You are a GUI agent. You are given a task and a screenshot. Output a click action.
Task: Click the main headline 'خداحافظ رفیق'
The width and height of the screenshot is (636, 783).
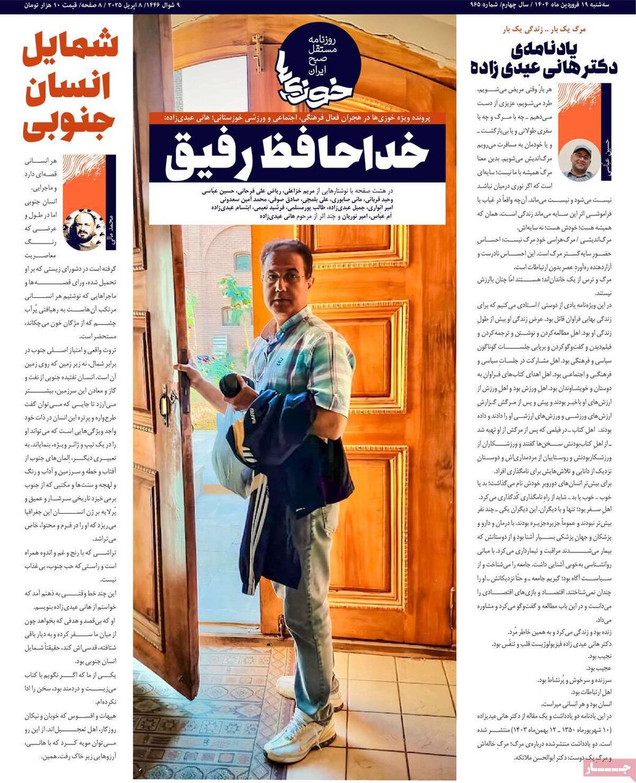pyautogui.click(x=297, y=153)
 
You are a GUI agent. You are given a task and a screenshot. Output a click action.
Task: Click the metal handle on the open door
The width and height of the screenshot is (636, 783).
pyautogui.click(x=167, y=404)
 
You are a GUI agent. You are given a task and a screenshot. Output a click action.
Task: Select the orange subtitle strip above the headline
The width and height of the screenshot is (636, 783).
pyautogui.click(x=297, y=117)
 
